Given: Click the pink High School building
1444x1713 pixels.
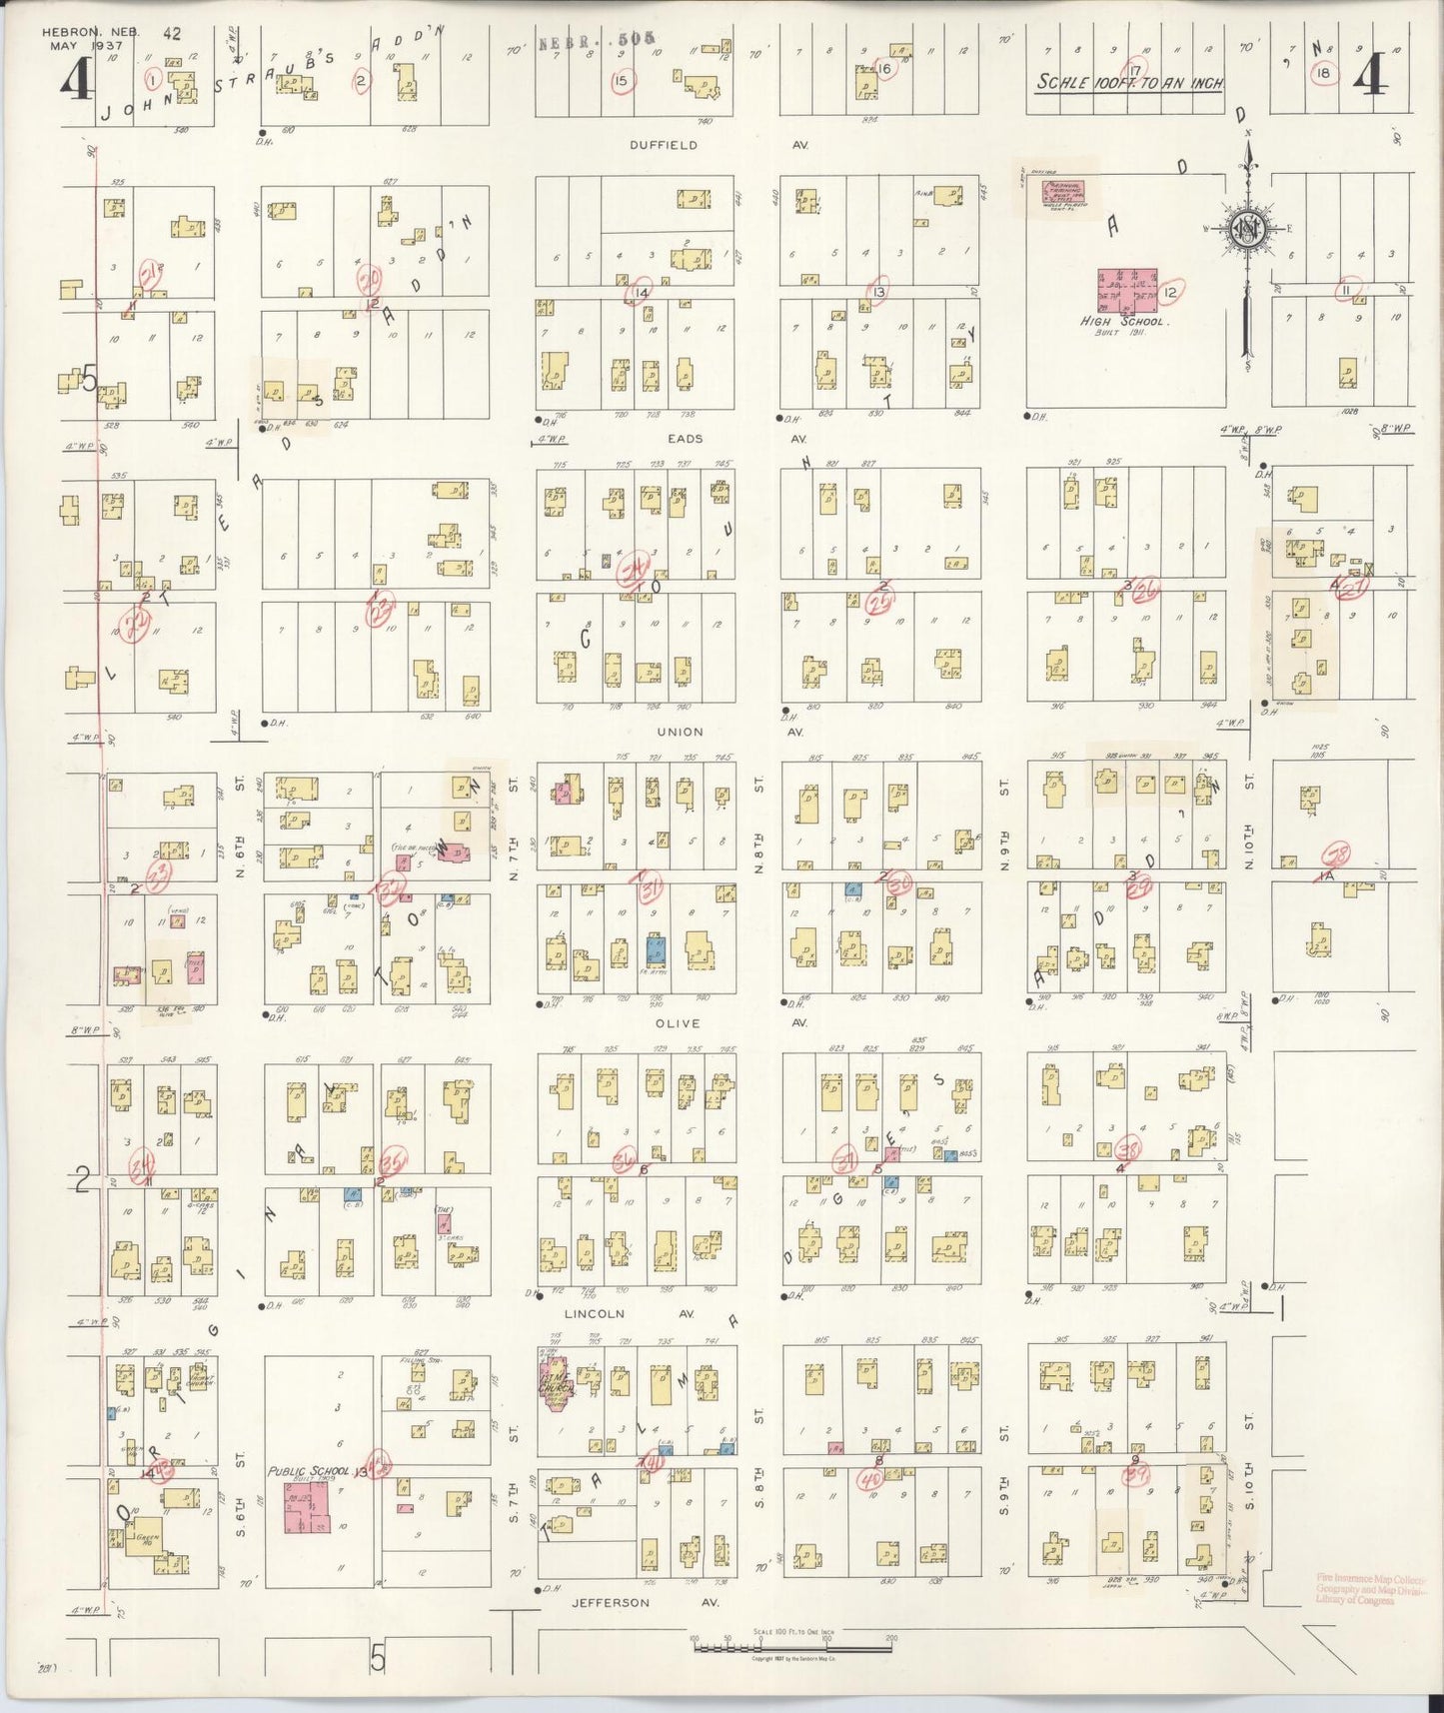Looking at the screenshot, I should [x=1127, y=290].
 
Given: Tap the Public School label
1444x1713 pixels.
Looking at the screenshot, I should [x=308, y=1471].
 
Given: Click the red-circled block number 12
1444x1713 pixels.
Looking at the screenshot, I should [x=1170, y=293].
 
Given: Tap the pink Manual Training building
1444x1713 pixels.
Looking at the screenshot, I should [x=1063, y=190].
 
